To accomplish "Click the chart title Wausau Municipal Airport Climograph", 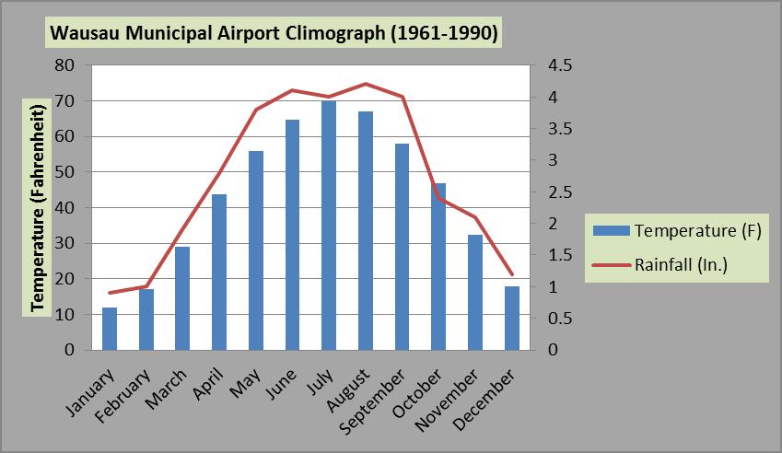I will click(274, 34).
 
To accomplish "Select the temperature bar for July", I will click(329, 226).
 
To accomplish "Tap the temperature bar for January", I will click(110, 329).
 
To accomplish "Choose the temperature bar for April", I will click(219, 273).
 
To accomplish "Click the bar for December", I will click(511, 319).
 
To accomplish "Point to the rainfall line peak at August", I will click(366, 84).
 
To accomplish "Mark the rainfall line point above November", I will click(475, 217).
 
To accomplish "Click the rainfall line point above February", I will click(146, 286).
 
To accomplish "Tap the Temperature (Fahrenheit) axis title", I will click(39, 208).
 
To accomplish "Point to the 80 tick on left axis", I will click(64, 65).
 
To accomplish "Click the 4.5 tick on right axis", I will click(560, 65).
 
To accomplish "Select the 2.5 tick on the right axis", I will click(560, 192).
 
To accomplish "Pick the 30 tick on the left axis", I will click(64, 243).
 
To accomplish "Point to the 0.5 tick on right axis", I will click(560, 319).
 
